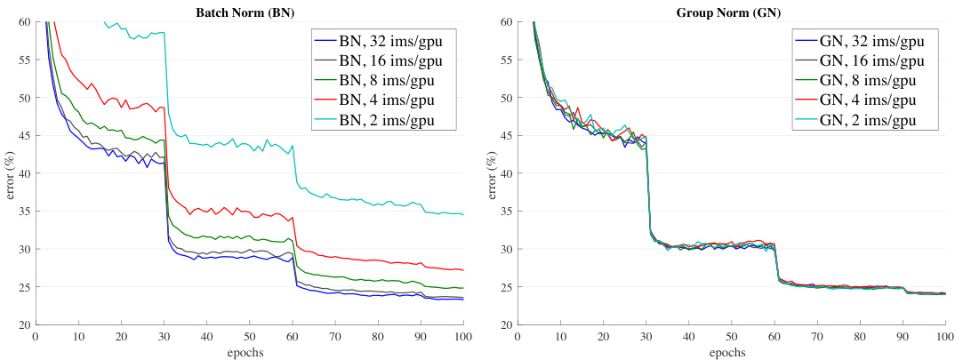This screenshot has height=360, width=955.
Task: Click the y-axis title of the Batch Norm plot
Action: (x=11, y=173)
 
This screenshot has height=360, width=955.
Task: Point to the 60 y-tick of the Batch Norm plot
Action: (x=24, y=21)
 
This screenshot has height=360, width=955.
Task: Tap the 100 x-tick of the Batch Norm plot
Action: (x=463, y=337)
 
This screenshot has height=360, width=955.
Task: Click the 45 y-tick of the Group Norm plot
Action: (x=505, y=135)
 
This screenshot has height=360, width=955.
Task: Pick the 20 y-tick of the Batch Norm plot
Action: (x=24, y=325)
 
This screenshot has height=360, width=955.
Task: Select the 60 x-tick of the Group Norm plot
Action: (x=774, y=337)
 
